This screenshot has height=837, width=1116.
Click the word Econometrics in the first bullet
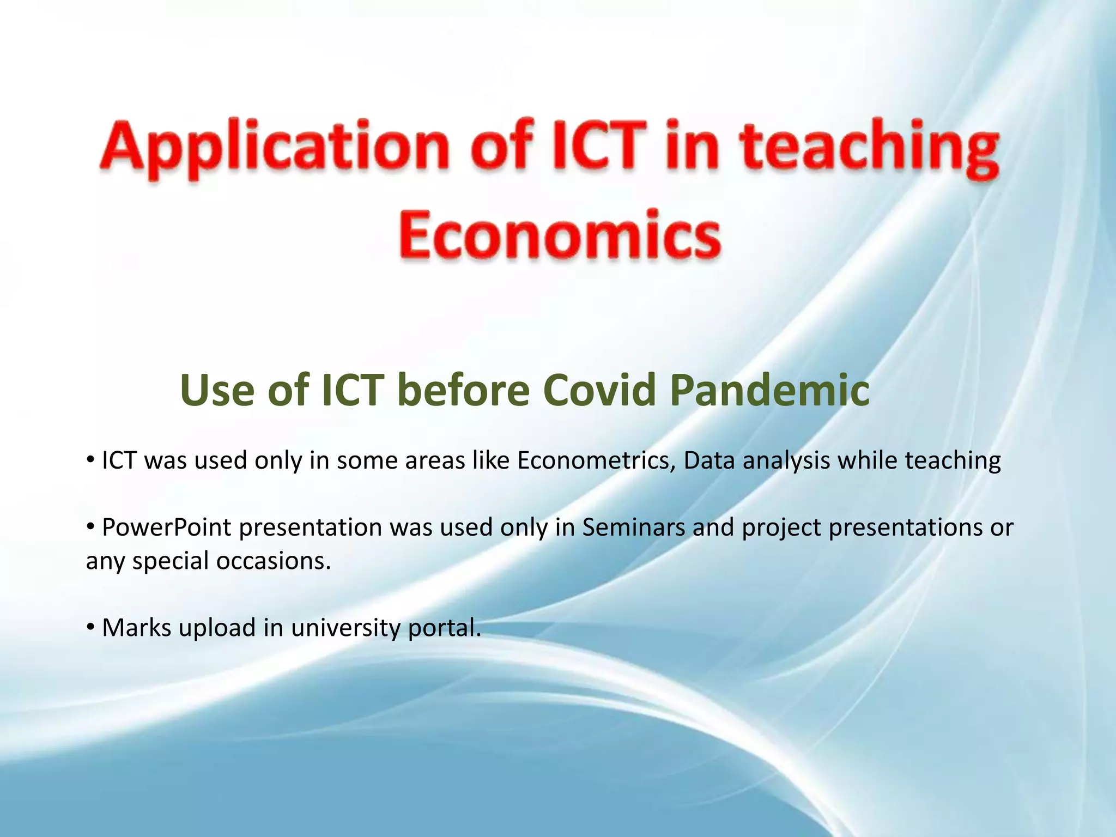point(596,460)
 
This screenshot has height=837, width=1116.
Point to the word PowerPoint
point(166,527)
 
